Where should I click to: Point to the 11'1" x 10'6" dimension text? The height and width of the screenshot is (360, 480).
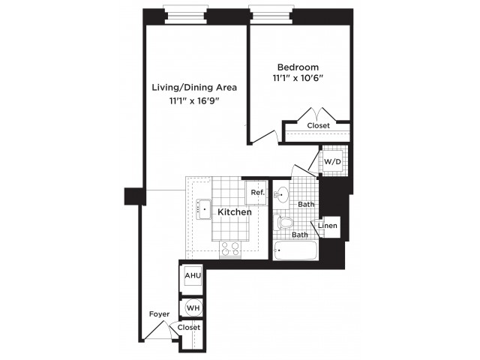[298, 78]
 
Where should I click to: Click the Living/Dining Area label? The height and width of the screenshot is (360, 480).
[194, 88]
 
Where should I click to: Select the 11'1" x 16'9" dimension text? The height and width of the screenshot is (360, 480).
[195, 100]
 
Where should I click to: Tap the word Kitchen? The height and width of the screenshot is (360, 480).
[235, 211]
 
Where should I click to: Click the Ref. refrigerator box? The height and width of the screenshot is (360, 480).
[256, 193]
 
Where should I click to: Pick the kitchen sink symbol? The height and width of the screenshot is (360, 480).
[203, 209]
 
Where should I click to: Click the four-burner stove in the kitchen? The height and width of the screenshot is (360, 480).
[230, 248]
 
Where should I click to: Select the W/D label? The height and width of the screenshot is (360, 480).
[332, 161]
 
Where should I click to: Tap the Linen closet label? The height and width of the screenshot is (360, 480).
[328, 226]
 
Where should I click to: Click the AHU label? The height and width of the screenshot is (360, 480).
[193, 275]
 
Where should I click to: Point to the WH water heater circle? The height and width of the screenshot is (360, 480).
[193, 307]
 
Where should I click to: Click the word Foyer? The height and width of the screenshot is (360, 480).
[159, 314]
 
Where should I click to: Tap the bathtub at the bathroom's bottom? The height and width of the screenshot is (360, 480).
[295, 250]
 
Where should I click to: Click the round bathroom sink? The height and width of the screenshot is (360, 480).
[281, 195]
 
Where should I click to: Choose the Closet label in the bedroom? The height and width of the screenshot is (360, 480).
[318, 125]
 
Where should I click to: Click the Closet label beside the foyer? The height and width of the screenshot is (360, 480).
[189, 327]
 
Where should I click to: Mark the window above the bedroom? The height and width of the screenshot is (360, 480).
[269, 14]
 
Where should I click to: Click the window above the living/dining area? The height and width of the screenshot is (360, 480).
[185, 14]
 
